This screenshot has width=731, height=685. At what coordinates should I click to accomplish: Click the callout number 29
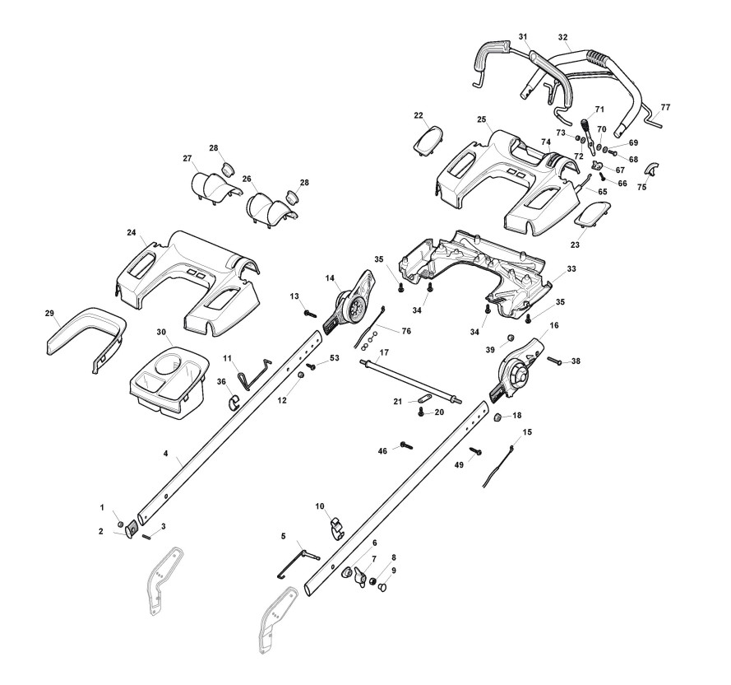49,314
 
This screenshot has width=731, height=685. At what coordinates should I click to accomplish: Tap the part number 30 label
161,332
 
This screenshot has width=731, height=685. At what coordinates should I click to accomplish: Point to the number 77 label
665,108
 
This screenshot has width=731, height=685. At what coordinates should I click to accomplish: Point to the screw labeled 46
405,445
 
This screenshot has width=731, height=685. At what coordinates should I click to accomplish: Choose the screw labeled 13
310,313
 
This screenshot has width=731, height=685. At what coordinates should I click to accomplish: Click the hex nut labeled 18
497,418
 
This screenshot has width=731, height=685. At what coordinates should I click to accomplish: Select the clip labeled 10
337,524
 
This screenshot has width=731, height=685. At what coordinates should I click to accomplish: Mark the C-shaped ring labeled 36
234,402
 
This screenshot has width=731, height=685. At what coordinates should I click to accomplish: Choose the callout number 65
602,191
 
